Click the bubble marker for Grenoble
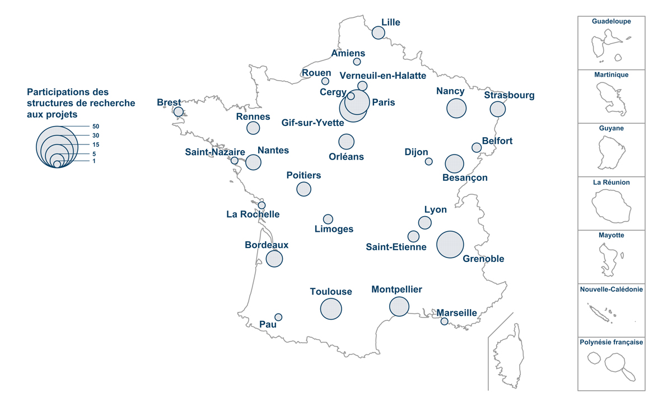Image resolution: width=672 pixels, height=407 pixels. click(450, 244)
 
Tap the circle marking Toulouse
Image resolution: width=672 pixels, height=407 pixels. click(331, 309)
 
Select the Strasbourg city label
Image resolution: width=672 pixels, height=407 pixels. click(509, 95)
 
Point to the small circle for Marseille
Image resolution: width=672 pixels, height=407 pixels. click(444, 321)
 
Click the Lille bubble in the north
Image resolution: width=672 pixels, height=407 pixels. click(379, 32)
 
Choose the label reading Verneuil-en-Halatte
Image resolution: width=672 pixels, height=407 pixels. click(382, 76)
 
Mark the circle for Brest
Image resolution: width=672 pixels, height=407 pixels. click(178, 111)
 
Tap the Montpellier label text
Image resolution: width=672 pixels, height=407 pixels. click(396, 289)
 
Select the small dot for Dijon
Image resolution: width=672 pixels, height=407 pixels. click(428, 161)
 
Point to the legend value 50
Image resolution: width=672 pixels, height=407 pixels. click(96, 127)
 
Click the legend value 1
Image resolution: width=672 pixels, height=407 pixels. click(94, 161)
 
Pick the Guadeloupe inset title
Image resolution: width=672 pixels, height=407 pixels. click(611, 21)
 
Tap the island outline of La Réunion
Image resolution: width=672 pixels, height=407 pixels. click(612, 206)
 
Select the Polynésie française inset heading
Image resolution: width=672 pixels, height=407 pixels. click(611, 342)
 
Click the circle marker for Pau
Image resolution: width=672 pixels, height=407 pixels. click(278, 317)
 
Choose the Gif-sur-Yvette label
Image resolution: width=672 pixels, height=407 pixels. click(312, 123)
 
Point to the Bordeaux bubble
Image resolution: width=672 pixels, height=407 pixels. click(274, 259)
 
